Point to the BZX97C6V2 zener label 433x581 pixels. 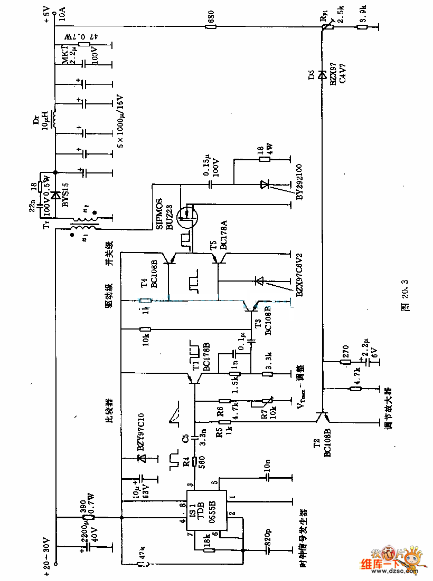click(299, 275)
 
